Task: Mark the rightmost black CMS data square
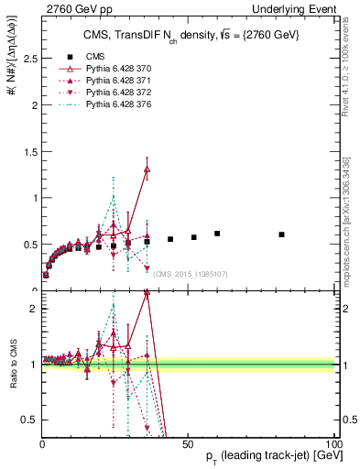[282, 234]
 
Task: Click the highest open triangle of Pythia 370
[147, 169]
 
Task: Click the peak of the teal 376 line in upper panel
[114, 196]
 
